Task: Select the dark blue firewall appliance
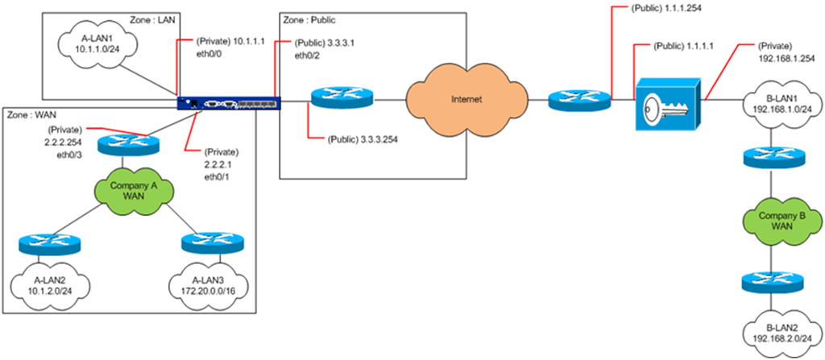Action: coord(229,102)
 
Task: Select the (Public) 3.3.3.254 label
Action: coord(363,139)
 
